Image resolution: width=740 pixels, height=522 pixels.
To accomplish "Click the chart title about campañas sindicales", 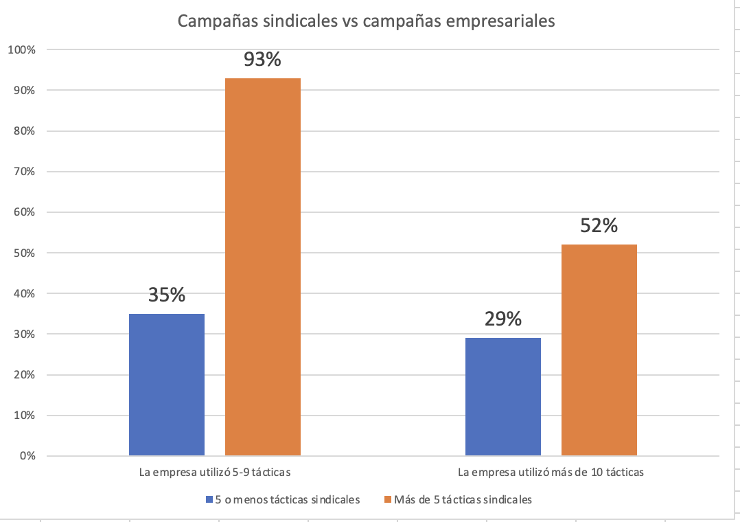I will pos(365,21).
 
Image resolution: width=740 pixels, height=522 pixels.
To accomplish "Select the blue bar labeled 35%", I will pos(167,384).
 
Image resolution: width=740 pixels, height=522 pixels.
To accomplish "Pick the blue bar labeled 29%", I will pos(503,396).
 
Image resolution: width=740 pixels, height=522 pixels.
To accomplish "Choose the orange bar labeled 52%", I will pos(599,350).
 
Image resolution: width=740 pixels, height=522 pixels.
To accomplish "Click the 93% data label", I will pos(263,60).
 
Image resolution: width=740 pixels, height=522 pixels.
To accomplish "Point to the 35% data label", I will pos(167,295).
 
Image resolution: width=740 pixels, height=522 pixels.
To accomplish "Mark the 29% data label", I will pos(503,319).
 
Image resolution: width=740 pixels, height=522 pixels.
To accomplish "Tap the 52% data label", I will pos(599,226).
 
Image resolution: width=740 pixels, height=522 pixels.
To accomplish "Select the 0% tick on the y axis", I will pos(27,456).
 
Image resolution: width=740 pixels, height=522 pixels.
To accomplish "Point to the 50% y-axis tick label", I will pos(25,253).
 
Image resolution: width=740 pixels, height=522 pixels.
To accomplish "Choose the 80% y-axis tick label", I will pos(25,131).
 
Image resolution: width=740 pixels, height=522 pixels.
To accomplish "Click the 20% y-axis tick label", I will pos(25,375).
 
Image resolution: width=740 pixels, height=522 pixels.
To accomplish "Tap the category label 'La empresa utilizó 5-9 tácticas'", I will pos(215,473).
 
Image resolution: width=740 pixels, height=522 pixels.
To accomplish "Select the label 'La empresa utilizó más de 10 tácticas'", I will pos(551,473).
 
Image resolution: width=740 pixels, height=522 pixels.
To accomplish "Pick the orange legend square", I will pos(387,499).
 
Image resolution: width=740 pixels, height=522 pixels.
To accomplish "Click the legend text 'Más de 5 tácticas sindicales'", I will pos(463,499).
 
